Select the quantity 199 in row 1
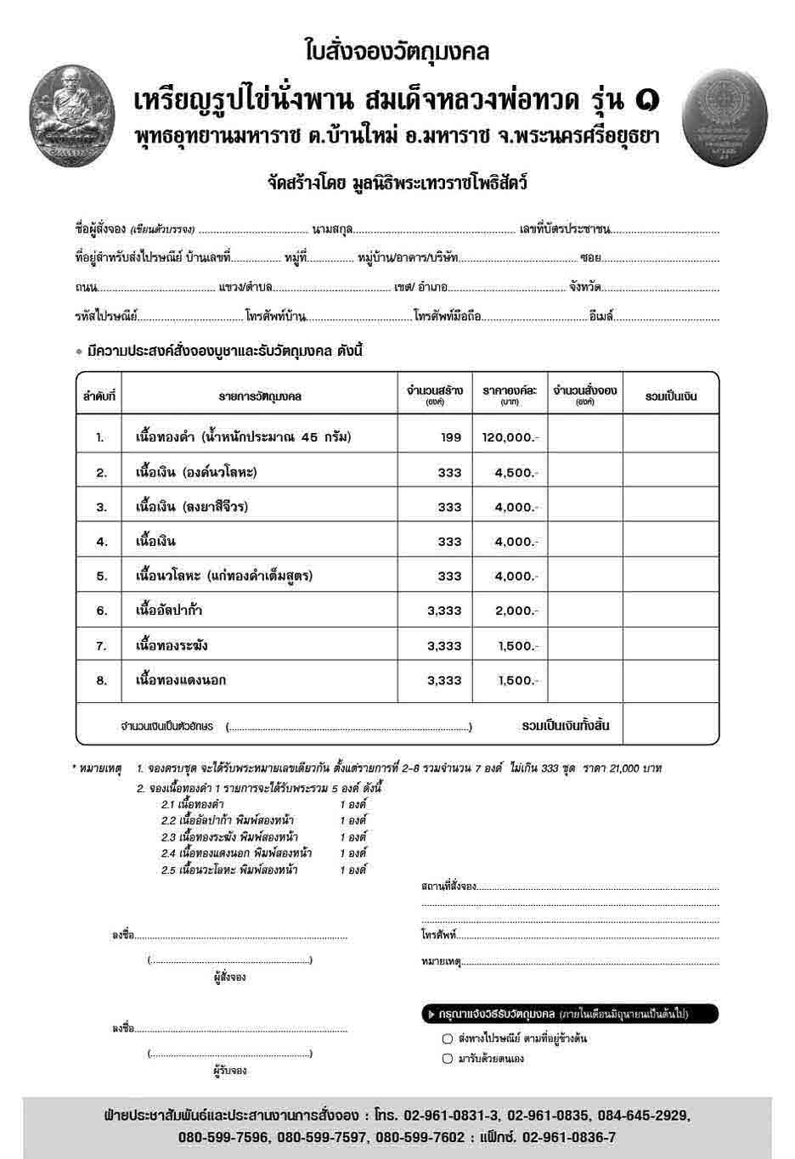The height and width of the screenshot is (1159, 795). [451, 437]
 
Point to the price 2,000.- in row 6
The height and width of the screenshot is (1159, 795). [516, 611]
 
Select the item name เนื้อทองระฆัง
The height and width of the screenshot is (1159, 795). [172, 646]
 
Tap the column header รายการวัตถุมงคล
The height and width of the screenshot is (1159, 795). [261, 397]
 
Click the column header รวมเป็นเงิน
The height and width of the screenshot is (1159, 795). [671, 397]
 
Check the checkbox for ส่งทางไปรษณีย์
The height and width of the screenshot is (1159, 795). [448, 1038]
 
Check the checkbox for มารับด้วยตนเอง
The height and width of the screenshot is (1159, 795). [448, 1059]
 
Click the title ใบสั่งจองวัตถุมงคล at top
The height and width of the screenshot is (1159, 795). [397, 52]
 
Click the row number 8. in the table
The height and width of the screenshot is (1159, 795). [101, 681]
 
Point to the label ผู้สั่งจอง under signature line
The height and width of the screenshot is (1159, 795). [229, 977]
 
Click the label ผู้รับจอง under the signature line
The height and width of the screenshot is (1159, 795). [229, 1072]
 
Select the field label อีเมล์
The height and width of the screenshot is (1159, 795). [601, 317]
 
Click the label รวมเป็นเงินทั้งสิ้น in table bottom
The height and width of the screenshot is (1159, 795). [565, 726]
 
